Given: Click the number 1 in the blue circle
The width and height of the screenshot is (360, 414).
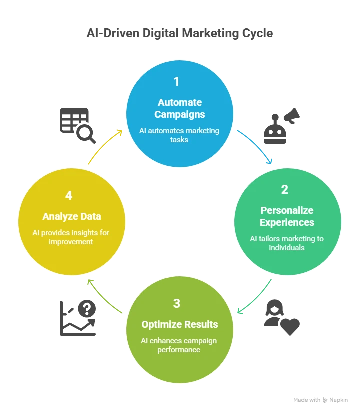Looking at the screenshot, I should click(x=176, y=81).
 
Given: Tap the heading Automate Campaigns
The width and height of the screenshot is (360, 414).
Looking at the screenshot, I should click(x=180, y=108).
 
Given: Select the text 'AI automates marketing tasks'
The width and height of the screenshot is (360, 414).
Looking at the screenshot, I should click(x=179, y=135).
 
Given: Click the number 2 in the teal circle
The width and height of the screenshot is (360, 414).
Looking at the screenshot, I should click(x=284, y=189).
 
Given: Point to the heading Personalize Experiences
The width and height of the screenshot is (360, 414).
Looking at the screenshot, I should click(x=287, y=216).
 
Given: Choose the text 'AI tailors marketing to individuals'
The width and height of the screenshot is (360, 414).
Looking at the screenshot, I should click(x=287, y=243).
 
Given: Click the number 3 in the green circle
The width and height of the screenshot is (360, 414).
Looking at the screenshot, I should click(x=176, y=303).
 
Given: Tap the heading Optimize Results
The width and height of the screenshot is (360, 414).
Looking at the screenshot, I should click(x=180, y=324).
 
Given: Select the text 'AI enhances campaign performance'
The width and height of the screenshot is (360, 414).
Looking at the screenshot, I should click(x=179, y=345).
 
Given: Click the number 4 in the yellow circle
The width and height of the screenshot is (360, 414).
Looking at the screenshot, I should click(x=69, y=195).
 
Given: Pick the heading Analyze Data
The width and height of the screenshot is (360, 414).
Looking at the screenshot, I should click(x=72, y=216).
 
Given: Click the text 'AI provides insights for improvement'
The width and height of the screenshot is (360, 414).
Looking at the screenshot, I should click(x=71, y=237).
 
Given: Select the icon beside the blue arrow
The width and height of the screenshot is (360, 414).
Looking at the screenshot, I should click(x=282, y=125).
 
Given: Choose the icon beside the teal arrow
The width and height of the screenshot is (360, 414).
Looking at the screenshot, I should click(x=281, y=315).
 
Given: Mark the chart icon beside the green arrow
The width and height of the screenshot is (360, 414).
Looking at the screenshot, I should click(x=77, y=317).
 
